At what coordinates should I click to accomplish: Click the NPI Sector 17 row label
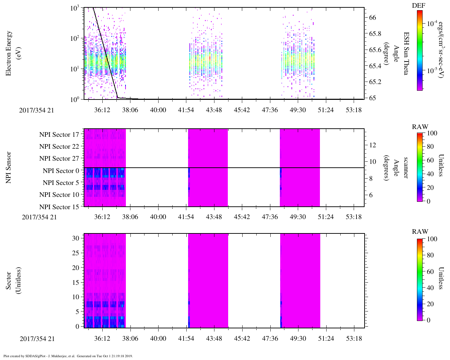59,135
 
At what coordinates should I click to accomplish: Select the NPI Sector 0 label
61,171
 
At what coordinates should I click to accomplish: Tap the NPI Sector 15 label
59,207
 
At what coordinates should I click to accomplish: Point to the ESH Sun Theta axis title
406,53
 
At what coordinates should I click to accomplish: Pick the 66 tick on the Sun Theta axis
373,18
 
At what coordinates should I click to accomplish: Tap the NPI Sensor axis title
9,168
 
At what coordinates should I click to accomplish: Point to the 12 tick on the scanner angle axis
373,145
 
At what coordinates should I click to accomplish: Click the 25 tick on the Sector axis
76,253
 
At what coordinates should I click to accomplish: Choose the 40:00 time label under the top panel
158,110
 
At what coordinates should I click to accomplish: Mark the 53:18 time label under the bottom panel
354,339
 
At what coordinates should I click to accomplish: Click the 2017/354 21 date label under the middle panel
39,217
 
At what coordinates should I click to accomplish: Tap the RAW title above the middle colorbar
420,127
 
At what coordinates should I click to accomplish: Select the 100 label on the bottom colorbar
432,239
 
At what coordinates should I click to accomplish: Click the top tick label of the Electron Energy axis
75,8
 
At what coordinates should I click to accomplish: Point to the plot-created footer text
68,356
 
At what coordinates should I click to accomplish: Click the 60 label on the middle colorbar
430,160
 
